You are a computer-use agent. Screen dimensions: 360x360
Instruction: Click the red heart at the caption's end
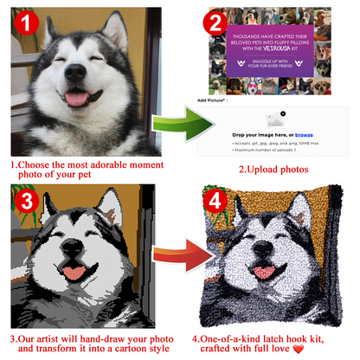324,349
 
